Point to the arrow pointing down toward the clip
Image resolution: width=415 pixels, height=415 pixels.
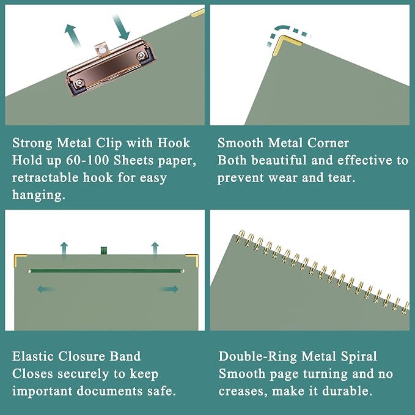[x=122, y=28]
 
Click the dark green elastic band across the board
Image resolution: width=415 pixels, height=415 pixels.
[x=106, y=271]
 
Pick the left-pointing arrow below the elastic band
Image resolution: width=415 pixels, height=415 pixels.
[x=46, y=289]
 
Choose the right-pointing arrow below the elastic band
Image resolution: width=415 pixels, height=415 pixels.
[x=169, y=289]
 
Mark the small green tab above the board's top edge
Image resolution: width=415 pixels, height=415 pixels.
[x=104, y=251]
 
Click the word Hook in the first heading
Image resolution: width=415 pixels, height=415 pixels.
[x=174, y=143]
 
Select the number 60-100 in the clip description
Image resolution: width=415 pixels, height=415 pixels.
[x=87, y=160]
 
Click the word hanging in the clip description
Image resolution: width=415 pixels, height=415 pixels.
[x=39, y=196]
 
